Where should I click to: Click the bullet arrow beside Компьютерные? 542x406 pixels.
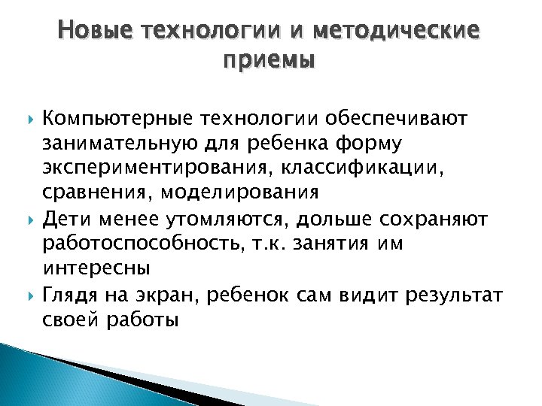[x=30, y=118]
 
